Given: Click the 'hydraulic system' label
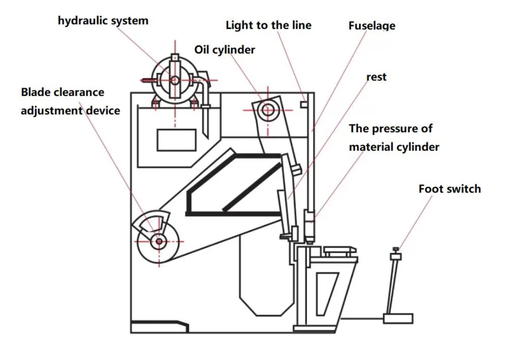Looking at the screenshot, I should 103,21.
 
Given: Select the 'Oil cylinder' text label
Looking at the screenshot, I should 224,50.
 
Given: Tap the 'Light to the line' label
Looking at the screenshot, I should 268,25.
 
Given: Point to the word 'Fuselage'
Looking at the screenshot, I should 372,26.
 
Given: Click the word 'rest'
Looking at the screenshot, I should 376,77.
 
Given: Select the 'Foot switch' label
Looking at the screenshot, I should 449,189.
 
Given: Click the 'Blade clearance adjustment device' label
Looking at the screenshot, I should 70,101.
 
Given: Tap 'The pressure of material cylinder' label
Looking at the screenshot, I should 394,138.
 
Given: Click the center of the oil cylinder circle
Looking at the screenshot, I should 268,110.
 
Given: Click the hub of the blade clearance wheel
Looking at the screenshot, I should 159,241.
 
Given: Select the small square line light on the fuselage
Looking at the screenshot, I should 304,104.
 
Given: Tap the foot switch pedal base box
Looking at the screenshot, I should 398,318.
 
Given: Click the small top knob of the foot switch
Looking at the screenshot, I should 395,249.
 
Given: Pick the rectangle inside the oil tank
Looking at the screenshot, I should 176,140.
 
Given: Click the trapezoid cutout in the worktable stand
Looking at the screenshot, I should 328,293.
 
